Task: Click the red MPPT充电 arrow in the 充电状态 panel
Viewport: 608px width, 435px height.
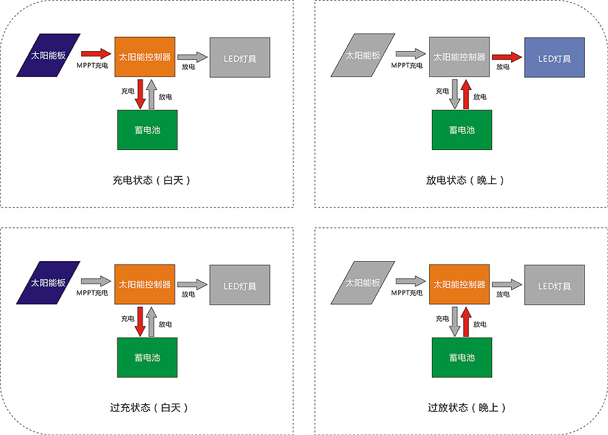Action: (x=95, y=52)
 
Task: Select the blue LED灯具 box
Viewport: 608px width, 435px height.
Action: (x=554, y=58)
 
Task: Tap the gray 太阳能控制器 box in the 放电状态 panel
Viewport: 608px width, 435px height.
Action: (x=459, y=57)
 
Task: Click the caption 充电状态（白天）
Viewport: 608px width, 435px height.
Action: (x=151, y=181)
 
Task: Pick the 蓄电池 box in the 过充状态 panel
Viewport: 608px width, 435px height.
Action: (x=147, y=357)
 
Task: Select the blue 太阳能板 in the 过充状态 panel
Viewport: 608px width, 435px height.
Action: (x=48, y=283)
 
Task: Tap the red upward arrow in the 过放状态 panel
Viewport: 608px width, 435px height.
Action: (x=466, y=322)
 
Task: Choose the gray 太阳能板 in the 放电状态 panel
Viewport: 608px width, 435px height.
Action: (x=362, y=55)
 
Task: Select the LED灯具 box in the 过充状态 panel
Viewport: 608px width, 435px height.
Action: (x=240, y=286)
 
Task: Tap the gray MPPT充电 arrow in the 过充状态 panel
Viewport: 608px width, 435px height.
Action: (x=95, y=280)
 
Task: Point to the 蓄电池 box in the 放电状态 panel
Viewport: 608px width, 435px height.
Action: (x=462, y=130)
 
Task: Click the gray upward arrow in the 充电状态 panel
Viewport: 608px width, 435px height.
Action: (x=152, y=94)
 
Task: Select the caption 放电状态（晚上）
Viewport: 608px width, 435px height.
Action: (x=466, y=181)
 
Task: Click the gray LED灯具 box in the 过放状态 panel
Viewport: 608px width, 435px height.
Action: (x=554, y=286)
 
